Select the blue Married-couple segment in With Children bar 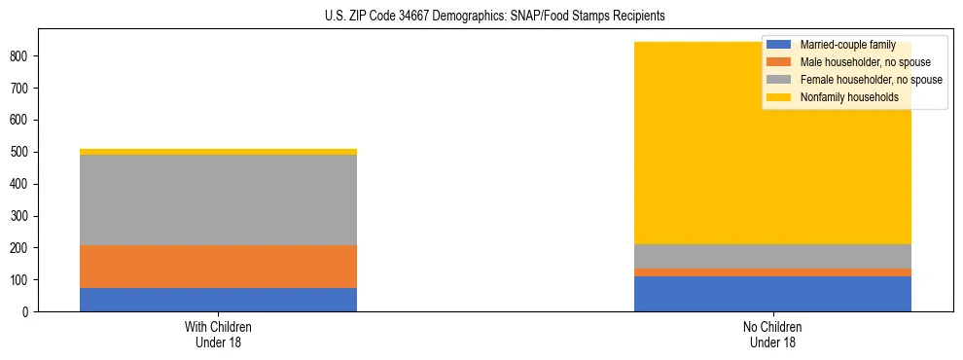click(218, 300)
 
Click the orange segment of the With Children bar click(218, 267)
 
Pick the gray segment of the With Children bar click(218, 199)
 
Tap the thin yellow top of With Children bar click(218, 152)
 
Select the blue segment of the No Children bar click(772, 294)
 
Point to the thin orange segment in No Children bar click(772, 272)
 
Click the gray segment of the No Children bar click(772, 256)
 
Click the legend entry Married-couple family click(847, 45)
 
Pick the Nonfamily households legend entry click(849, 97)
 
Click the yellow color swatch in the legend click(779, 97)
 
